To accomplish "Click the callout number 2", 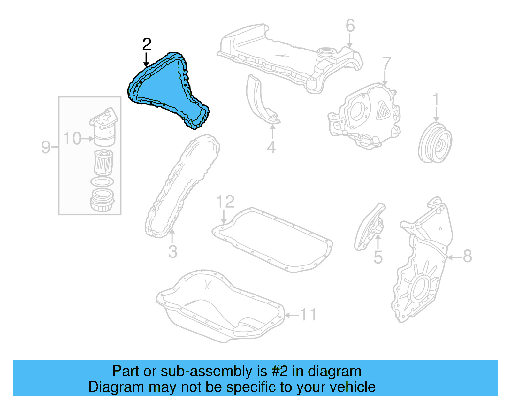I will click(x=147, y=45).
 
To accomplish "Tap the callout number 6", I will click(x=350, y=26).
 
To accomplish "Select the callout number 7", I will click(x=386, y=63).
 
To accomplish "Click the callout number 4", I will click(x=271, y=147).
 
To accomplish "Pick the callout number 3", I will click(x=172, y=252).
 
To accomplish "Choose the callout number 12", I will click(x=225, y=202).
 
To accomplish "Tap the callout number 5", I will click(x=378, y=257).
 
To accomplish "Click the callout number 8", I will click(x=467, y=256).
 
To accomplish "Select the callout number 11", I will click(x=308, y=315).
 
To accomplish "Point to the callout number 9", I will click(x=46, y=147).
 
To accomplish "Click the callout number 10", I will click(x=72, y=139).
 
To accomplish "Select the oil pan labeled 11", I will click(x=220, y=307).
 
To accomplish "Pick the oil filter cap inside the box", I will click(x=103, y=200).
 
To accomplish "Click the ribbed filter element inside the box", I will click(x=104, y=163).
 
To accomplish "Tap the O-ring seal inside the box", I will click(x=102, y=182).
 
